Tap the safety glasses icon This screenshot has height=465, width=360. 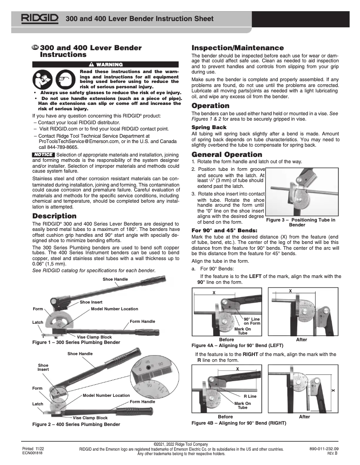[66, 79]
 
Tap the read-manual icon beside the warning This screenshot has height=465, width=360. [44, 79]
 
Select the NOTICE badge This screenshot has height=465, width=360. [44, 155]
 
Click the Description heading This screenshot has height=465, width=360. [54, 216]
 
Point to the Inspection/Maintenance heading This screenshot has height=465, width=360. [237, 48]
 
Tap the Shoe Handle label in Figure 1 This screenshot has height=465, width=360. [115, 279]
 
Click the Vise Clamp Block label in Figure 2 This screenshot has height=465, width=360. [90, 418]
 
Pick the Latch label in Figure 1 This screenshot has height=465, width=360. [38, 322]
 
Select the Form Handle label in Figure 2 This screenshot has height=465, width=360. [142, 402]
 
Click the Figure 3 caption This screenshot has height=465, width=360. [300, 222]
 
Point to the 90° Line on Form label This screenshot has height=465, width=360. [252, 321]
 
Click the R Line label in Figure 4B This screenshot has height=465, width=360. [250, 396]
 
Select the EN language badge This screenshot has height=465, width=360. [35, 48]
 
